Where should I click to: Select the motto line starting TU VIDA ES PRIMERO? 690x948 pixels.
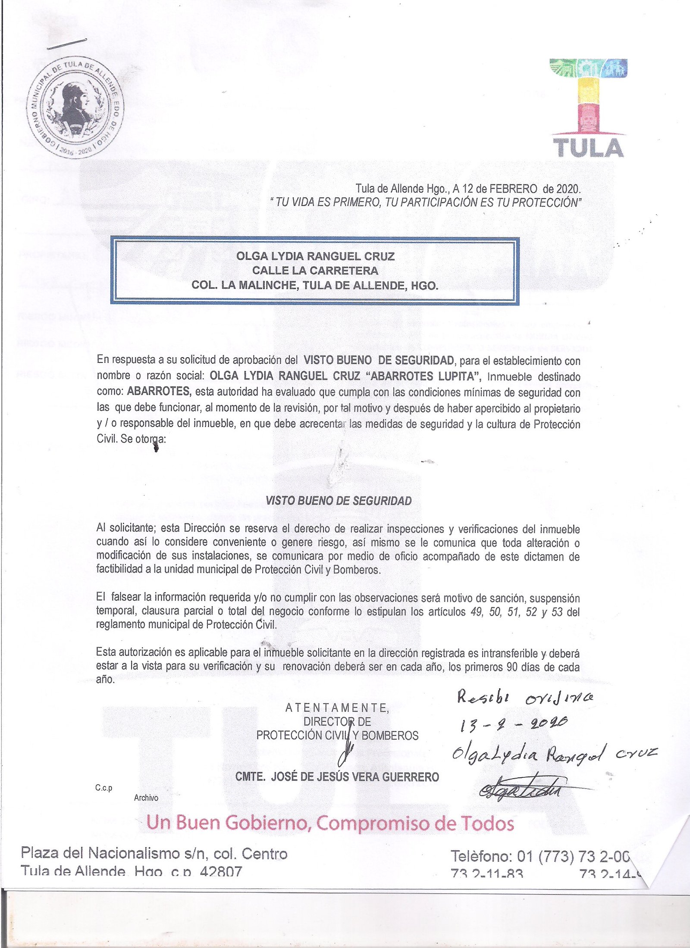(425, 202)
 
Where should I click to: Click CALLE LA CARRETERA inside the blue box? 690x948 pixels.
(315, 271)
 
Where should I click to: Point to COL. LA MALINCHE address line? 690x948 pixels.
(315, 285)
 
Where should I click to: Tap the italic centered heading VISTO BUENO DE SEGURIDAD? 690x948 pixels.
(339, 501)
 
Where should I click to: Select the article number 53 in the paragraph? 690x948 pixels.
(557, 612)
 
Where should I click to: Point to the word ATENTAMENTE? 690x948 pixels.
(337, 708)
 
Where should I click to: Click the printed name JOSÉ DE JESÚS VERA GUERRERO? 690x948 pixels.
(354, 777)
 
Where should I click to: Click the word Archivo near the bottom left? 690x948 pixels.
(146, 798)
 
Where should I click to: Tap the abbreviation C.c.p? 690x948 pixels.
(103, 788)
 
